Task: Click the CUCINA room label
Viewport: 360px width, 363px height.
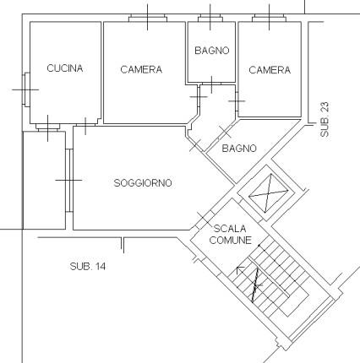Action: [65, 68]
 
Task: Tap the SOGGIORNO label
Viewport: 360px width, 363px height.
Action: [143, 183]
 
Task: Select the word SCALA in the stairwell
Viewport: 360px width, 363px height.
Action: [230, 229]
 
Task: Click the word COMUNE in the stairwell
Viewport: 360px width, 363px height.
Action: [231, 241]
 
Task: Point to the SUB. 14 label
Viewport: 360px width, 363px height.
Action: [88, 266]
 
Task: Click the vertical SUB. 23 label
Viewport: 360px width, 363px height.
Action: [325, 119]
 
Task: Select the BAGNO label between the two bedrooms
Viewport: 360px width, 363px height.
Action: [212, 51]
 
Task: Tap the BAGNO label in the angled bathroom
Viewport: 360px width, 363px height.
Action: [239, 148]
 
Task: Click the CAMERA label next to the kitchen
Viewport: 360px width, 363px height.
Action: [141, 69]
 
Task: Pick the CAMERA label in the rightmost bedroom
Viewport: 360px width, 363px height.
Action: [270, 70]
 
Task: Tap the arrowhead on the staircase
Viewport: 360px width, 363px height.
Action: [240, 269]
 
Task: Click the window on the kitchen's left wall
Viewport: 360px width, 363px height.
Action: [26, 89]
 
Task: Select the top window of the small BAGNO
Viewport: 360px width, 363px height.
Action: [210, 19]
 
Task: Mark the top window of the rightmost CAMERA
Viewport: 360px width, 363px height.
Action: [269, 19]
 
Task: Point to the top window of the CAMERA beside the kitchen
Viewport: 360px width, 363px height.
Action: [148, 19]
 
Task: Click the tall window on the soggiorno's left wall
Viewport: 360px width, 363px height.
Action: [69, 180]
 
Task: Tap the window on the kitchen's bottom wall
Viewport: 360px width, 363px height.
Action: [48, 127]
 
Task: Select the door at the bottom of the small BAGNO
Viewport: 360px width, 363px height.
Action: [211, 84]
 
